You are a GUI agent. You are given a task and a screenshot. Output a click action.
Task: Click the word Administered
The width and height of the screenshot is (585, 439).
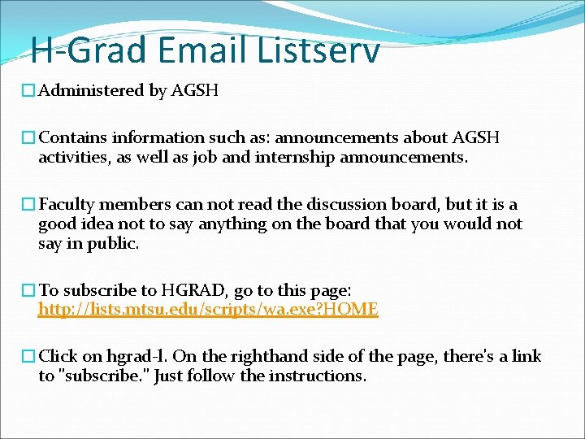pyautogui.click(x=90, y=90)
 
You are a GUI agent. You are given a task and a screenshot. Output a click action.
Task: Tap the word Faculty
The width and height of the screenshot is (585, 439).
pyautogui.click(x=69, y=204)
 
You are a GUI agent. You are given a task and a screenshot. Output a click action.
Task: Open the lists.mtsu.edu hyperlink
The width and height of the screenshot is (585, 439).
pyautogui.click(x=208, y=309)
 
